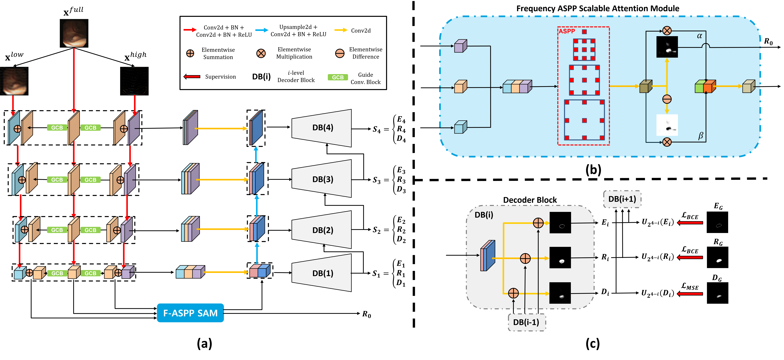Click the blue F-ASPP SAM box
pos(190,313)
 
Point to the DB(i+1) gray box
pos(622,199)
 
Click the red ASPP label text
pos(567,31)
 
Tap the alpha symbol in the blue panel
pos(699,36)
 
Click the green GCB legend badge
pos(337,77)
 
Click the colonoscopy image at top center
pos(74,33)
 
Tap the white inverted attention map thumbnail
pos(667,125)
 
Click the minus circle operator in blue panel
pos(667,99)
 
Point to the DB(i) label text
pos(484,215)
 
